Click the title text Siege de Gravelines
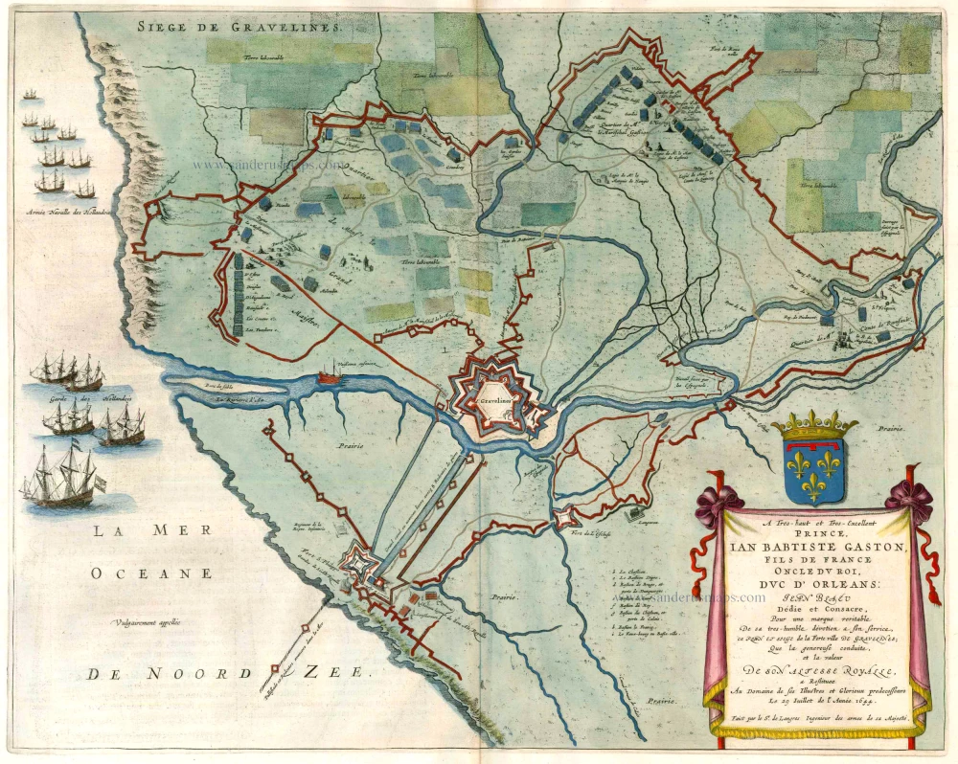click(239, 27)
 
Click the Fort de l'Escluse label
click(586, 531)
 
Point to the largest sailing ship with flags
click(62, 477)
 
